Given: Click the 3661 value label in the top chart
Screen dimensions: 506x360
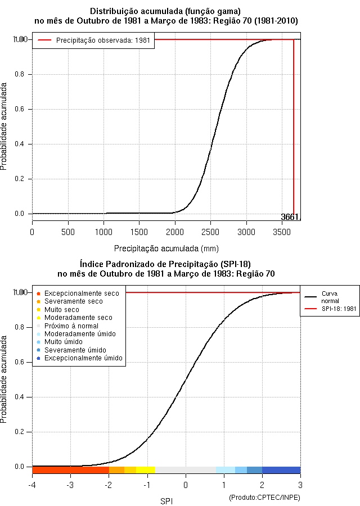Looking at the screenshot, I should click(290, 217).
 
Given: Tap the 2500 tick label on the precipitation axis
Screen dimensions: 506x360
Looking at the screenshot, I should click(210, 232).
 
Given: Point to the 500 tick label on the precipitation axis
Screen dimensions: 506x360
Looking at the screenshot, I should click(67, 232).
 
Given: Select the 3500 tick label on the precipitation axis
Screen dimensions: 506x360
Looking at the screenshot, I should click(282, 232).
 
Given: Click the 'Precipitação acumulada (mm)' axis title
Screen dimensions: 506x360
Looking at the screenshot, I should click(166, 248).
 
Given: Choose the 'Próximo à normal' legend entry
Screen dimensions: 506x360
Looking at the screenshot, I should click(71, 326).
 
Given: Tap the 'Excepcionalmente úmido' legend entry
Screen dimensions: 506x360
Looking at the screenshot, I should click(83, 358).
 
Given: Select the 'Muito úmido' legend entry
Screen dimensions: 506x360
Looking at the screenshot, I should click(64, 342).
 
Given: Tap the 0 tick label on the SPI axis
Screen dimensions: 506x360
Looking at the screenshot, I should click(186, 485).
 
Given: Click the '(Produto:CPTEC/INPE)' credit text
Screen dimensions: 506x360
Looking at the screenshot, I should click(264, 498).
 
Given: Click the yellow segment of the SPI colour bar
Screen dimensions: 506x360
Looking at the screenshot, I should click(145, 470).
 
